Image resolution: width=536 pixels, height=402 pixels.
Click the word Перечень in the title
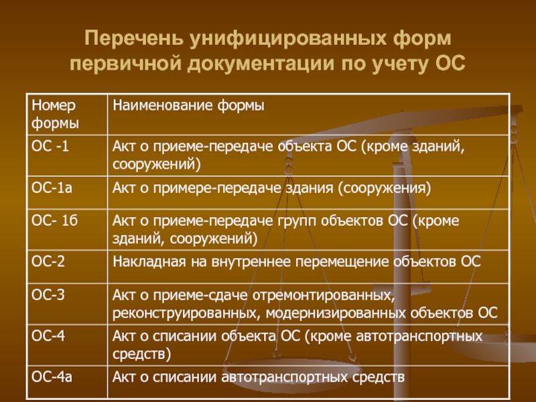(x=134, y=39)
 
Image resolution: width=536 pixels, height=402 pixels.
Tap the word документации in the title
(x=261, y=64)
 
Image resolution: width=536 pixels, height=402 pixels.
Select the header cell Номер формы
(x=55, y=114)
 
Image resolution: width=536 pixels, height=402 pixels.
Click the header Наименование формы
(x=188, y=106)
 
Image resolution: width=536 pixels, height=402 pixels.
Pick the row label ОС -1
(x=50, y=146)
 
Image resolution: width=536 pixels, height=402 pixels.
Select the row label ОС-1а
(x=52, y=188)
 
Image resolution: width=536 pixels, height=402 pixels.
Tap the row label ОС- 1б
(x=55, y=220)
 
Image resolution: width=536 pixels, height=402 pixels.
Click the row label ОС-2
(x=48, y=261)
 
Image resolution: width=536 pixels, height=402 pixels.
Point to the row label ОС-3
(x=48, y=295)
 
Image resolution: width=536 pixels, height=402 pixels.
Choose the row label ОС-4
(x=48, y=336)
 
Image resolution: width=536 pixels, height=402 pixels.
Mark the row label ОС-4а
(x=52, y=377)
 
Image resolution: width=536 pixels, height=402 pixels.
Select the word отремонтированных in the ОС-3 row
(x=324, y=295)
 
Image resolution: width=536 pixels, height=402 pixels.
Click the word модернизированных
(x=336, y=313)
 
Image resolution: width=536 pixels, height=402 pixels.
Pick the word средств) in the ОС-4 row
(x=141, y=354)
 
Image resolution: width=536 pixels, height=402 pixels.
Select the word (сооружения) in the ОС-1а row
(x=385, y=189)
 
